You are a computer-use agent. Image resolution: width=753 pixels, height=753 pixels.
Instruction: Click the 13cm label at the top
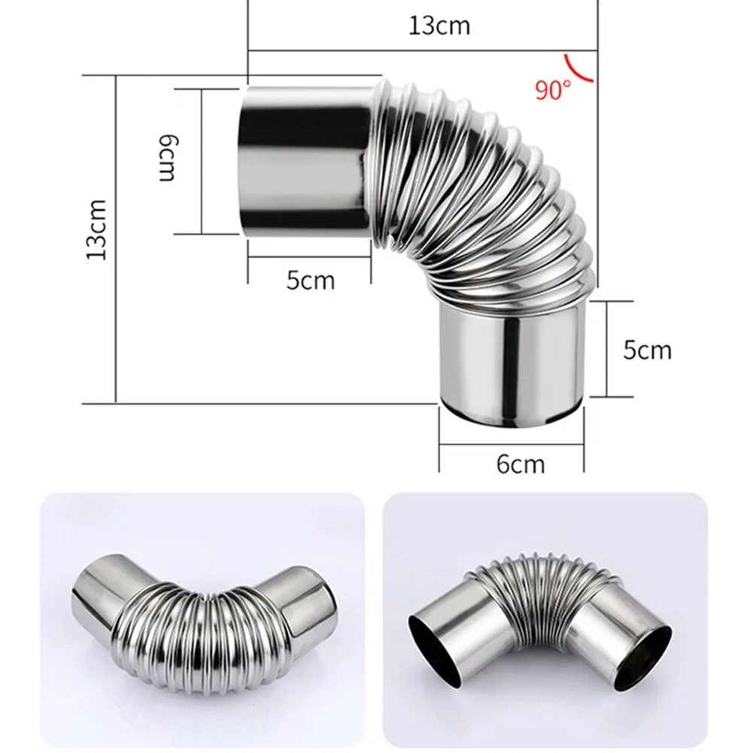439,26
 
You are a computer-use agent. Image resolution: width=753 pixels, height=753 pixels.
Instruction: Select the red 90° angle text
554,90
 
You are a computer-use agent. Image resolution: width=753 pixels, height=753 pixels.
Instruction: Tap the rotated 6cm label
167,159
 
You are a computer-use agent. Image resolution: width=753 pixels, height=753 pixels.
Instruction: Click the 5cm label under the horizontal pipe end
310,281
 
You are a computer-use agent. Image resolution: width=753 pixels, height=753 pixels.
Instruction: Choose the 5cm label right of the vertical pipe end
647,350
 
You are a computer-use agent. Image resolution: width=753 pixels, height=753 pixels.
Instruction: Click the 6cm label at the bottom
521,464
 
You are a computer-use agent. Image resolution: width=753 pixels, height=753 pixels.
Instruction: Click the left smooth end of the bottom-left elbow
102,594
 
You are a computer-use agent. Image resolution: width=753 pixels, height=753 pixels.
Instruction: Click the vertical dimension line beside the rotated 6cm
202,160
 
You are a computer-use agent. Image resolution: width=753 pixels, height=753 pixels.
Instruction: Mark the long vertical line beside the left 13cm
116,237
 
